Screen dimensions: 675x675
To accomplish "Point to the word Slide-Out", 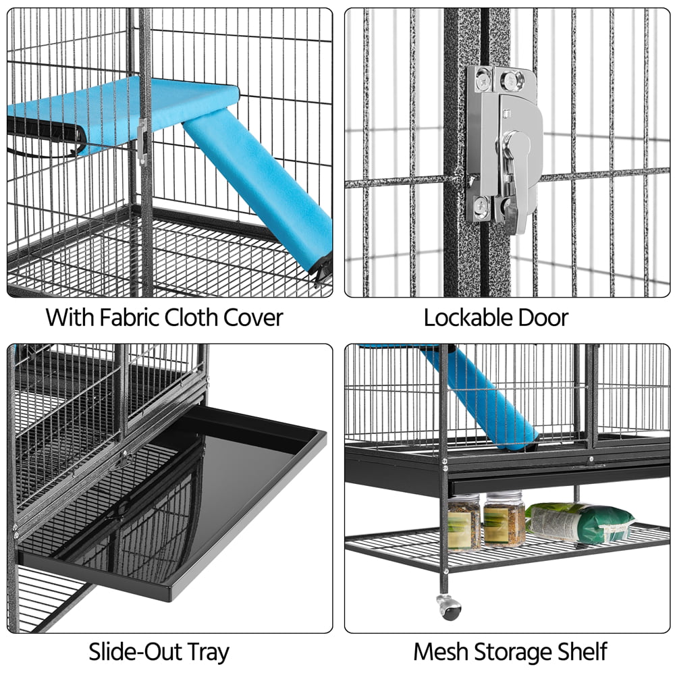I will pyautogui.click(x=130, y=652).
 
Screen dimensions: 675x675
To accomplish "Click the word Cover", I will pyautogui.click(x=254, y=317).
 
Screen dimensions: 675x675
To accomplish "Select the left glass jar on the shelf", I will pyautogui.click(x=464, y=521).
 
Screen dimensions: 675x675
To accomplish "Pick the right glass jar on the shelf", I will pyautogui.click(x=504, y=518).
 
